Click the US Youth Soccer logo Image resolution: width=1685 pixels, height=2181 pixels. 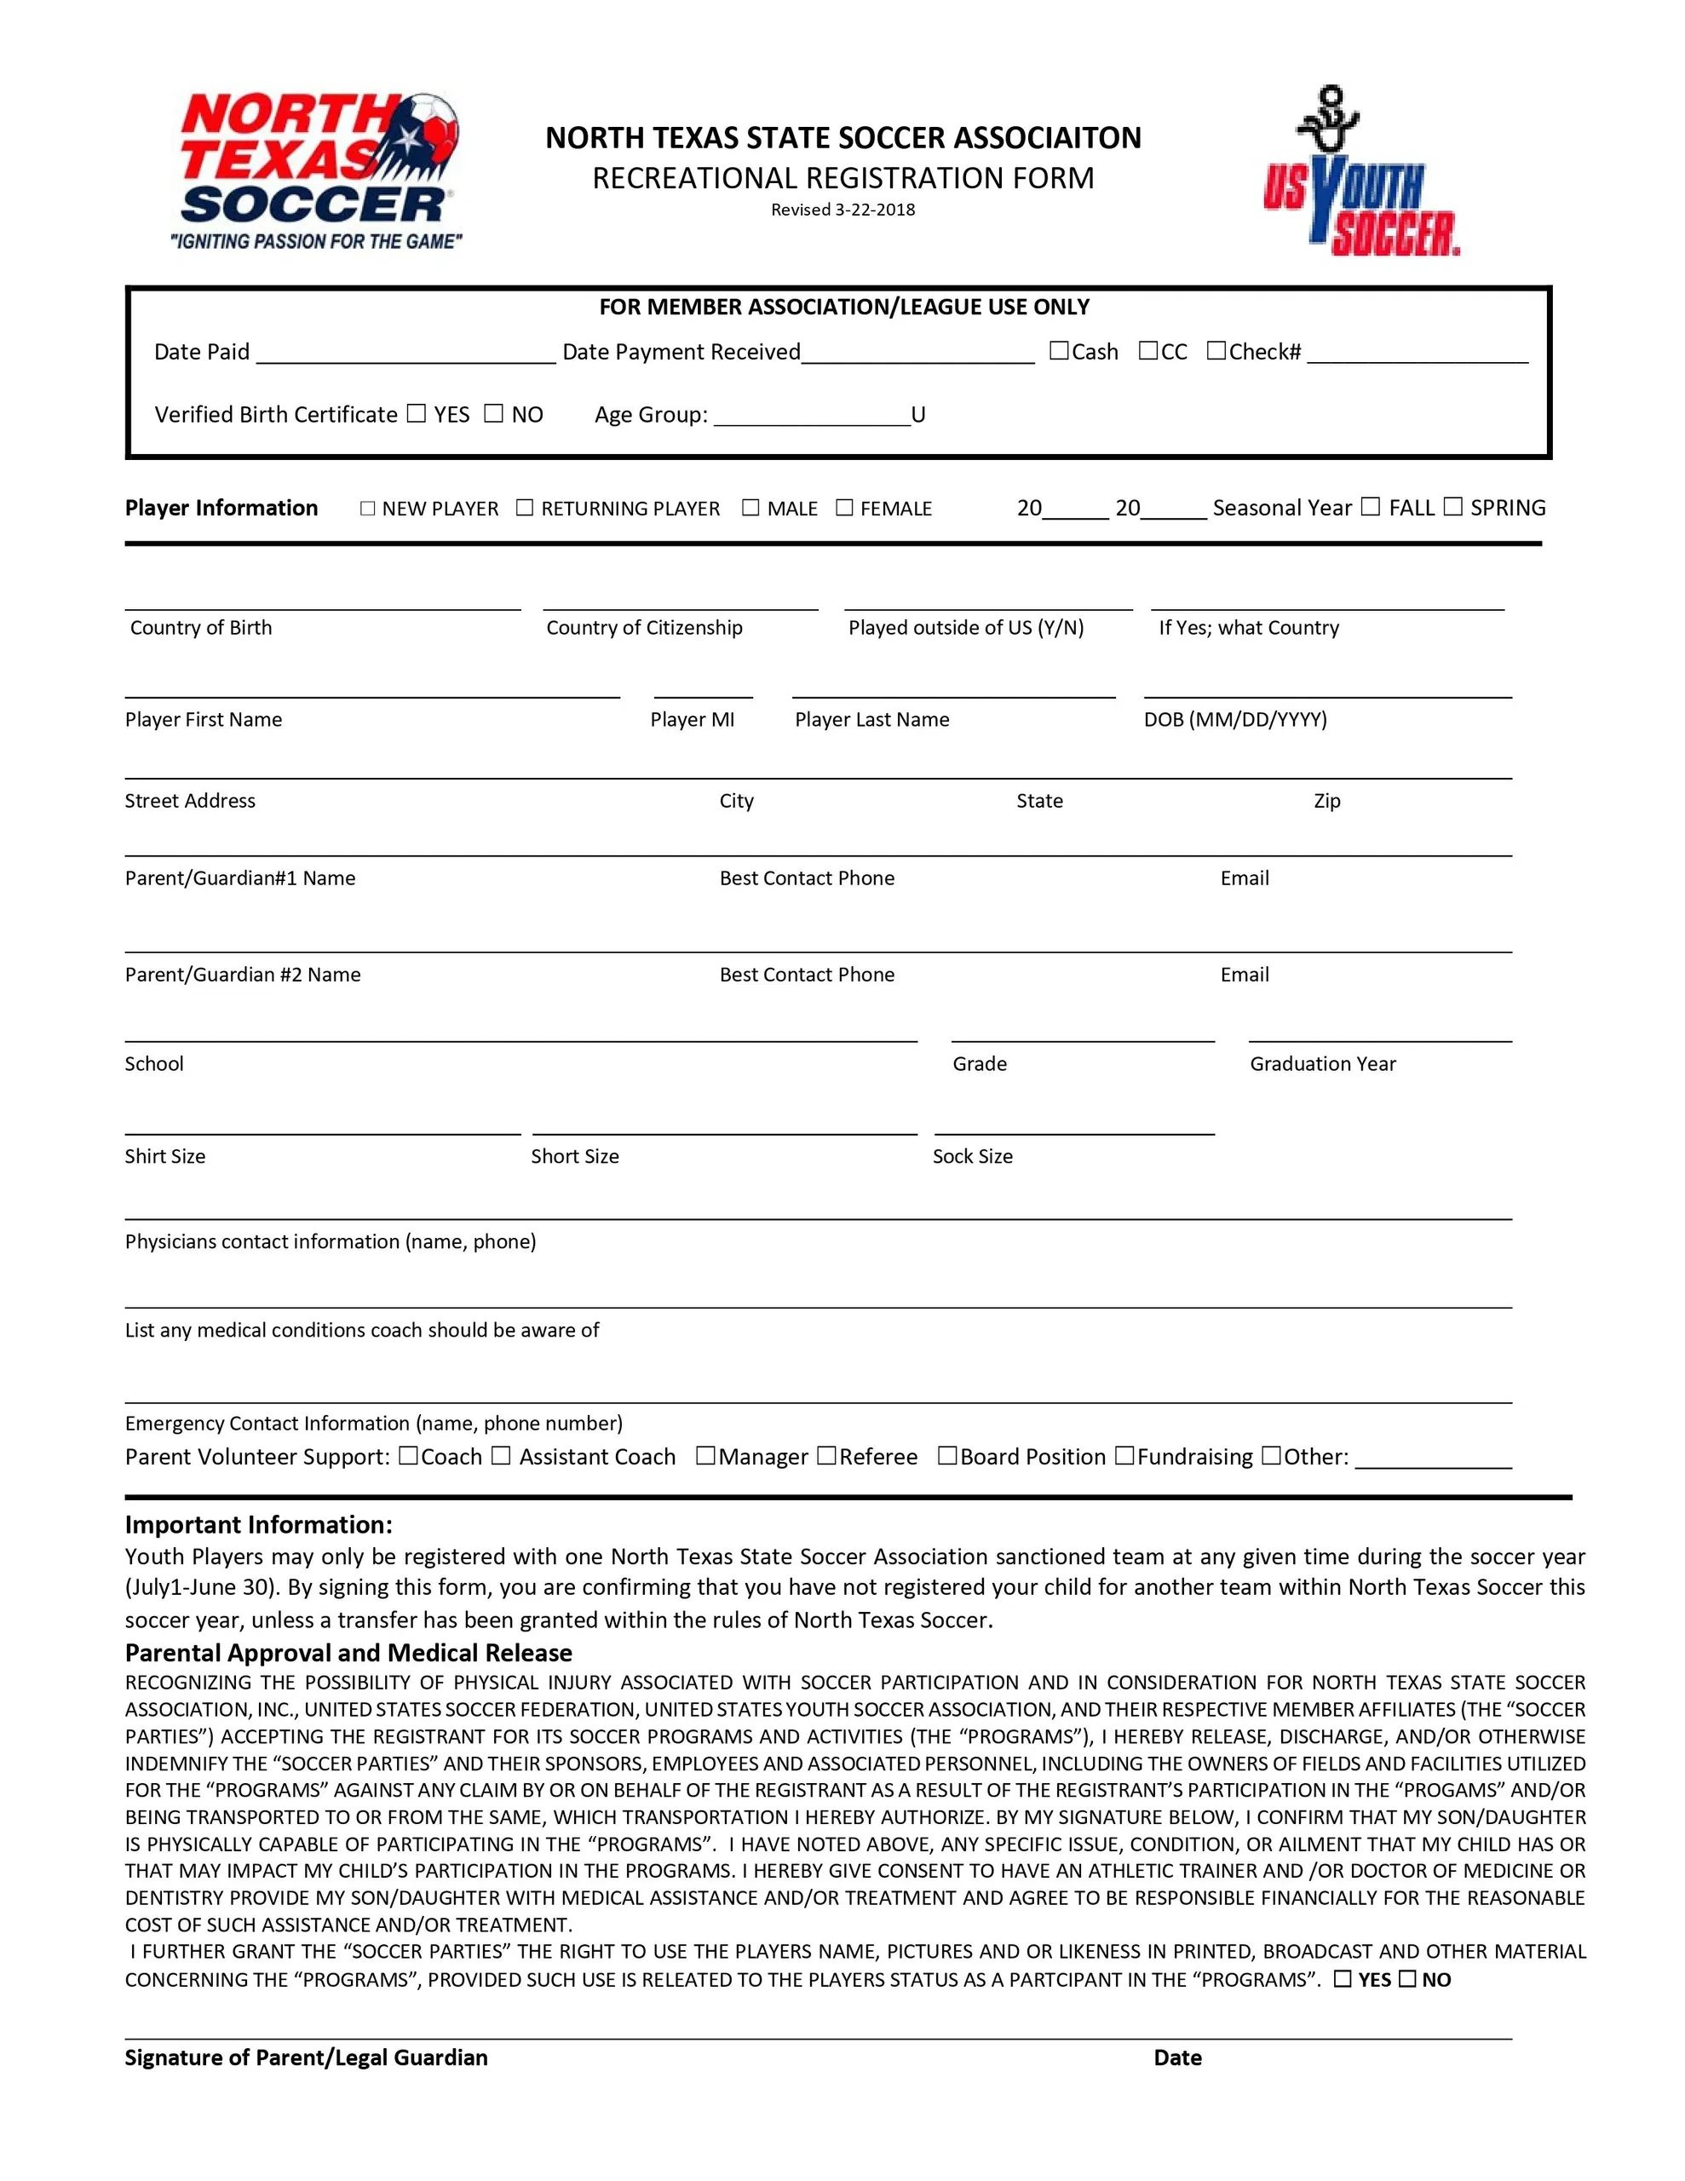click(x=1360, y=172)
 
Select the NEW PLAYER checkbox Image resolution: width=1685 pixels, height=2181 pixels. click(x=367, y=509)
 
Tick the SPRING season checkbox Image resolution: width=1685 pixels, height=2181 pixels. click(x=1452, y=506)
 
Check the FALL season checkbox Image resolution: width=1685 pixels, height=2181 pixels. click(x=1371, y=506)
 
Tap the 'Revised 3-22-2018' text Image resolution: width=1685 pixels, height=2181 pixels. click(x=842, y=210)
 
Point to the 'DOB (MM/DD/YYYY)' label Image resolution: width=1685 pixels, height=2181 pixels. click(x=1234, y=719)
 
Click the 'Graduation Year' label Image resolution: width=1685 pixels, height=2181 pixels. click(x=1321, y=1063)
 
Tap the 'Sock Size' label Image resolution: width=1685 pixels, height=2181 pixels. click(x=972, y=1155)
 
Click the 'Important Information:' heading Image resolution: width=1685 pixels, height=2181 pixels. click(x=259, y=1524)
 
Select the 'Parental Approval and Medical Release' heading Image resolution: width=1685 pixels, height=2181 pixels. click(x=348, y=1652)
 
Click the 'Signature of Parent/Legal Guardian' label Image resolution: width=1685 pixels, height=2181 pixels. click(x=306, y=2057)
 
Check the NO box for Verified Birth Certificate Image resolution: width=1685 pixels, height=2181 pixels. click(x=493, y=413)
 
